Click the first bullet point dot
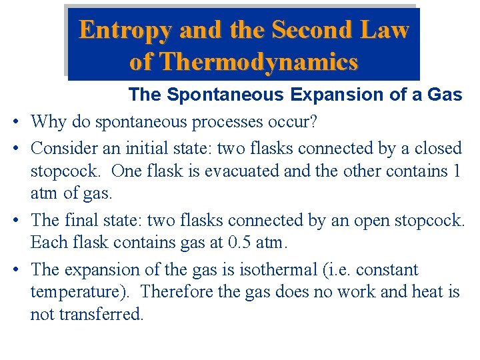click(15, 123)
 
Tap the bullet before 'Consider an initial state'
click(15, 148)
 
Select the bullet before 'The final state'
click(15, 220)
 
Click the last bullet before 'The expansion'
click(15, 270)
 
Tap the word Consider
click(62, 147)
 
